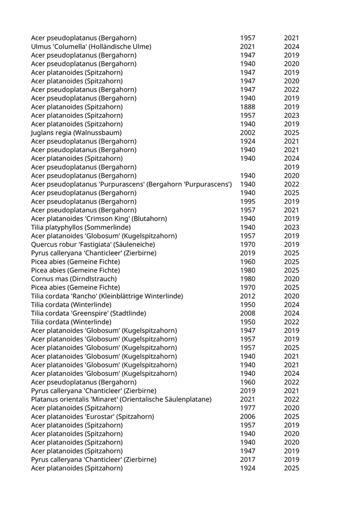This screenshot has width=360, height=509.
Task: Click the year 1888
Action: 247,107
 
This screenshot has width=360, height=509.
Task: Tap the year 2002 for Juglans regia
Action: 247,133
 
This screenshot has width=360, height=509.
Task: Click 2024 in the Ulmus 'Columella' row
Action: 292,47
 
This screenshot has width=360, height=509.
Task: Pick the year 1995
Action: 247,202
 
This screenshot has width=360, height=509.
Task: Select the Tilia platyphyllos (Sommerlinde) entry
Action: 81,227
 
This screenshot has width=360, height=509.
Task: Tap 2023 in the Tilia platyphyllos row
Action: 292,227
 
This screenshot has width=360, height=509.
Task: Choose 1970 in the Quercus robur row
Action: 247,244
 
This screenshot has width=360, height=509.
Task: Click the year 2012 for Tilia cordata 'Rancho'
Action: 247,296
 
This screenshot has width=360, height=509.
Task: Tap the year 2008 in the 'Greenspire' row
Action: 247,313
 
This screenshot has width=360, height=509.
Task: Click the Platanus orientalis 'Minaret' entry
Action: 121,399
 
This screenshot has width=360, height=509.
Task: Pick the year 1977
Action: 247,408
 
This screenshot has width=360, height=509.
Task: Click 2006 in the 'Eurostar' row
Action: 247,416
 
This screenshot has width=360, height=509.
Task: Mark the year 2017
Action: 247,459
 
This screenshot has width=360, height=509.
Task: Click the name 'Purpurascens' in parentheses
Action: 206,184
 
